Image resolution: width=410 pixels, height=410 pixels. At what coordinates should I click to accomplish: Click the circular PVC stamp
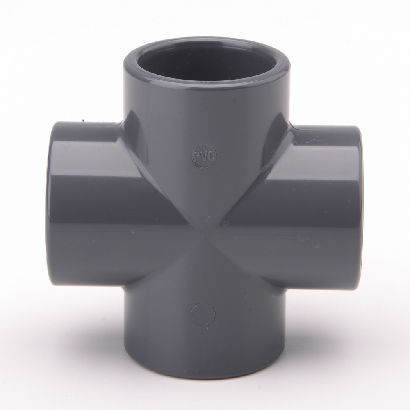point(205,156)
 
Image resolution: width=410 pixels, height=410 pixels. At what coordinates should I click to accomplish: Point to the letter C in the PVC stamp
point(212,156)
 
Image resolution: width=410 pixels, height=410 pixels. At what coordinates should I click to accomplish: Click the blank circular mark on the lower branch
point(203,314)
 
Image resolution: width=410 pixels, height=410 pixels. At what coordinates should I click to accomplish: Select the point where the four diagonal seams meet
point(203,231)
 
